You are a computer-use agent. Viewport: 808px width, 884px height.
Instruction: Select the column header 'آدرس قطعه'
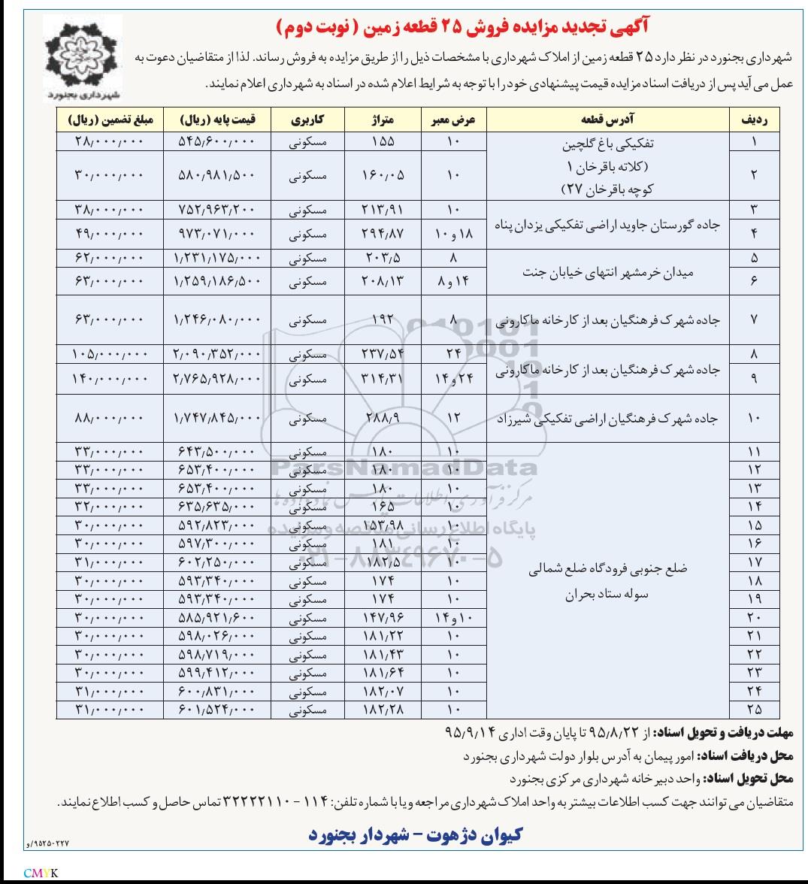(x=608, y=120)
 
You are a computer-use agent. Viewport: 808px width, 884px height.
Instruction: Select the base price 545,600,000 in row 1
(x=217, y=141)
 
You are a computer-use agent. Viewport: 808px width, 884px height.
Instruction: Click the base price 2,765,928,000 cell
(x=217, y=380)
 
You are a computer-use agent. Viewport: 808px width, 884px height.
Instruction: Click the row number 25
(x=755, y=709)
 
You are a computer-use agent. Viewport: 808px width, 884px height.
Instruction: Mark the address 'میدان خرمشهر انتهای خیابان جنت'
(x=608, y=272)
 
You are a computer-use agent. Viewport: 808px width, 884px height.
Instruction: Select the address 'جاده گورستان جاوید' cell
(x=608, y=223)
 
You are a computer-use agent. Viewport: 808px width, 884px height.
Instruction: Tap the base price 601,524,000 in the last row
(x=217, y=709)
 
